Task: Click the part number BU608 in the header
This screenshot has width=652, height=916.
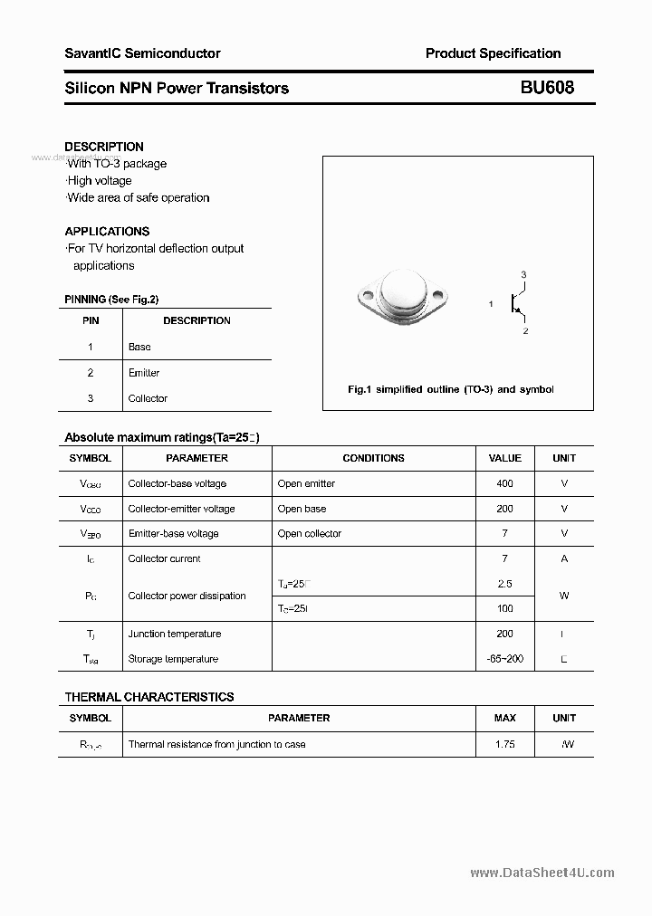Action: click(x=546, y=88)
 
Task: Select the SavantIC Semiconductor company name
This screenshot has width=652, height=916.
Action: click(x=142, y=53)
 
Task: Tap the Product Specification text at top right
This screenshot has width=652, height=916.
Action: click(x=493, y=53)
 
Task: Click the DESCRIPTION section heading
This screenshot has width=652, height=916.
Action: click(x=104, y=147)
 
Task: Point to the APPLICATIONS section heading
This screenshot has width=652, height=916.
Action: click(x=107, y=231)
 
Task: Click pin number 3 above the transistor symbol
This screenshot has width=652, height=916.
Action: click(x=523, y=274)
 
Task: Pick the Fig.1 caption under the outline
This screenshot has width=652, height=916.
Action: click(x=450, y=389)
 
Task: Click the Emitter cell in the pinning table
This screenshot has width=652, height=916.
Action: click(x=144, y=373)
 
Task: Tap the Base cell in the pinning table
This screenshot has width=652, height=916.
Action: click(x=139, y=347)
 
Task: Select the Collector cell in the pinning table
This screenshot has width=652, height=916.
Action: click(x=148, y=398)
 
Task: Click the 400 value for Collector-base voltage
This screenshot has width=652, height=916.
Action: click(x=504, y=483)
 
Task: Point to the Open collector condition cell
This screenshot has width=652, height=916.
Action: click(x=309, y=534)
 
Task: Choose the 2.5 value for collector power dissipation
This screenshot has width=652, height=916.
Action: click(x=504, y=584)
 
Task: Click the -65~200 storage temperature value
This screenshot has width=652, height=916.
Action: click(x=504, y=659)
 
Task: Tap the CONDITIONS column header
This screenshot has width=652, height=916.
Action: click(x=373, y=458)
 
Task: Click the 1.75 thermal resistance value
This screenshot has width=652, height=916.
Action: click(x=504, y=744)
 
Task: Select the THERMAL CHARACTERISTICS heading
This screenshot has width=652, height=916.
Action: click(x=149, y=697)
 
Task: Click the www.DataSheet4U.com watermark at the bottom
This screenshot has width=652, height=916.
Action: click(x=542, y=873)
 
